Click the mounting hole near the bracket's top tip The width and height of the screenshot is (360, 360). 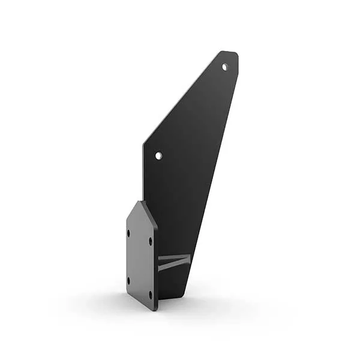pos(225,67)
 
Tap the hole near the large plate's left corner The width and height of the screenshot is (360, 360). pos(158,155)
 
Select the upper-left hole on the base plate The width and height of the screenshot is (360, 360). pos(129,233)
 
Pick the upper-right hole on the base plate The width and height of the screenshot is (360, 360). pos(150,242)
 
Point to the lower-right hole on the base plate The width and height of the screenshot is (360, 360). pos(150,294)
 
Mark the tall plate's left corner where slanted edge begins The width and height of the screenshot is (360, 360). pos(143,144)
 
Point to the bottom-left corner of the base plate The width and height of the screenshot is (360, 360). pos(127,294)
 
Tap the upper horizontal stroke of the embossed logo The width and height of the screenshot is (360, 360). pos(174,258)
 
